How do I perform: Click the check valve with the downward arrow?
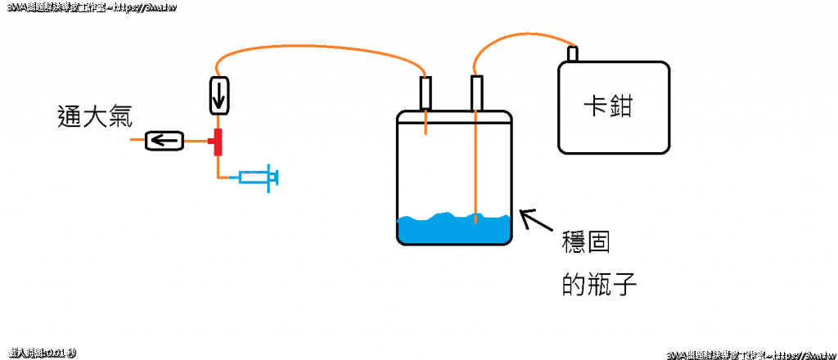219,95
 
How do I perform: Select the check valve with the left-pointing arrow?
164,141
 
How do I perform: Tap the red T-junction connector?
218,142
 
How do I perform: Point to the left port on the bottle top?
426,92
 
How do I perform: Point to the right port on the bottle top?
476,92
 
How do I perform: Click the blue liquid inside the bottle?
454,231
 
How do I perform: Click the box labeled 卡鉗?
613,107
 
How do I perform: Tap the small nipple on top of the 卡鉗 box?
573,54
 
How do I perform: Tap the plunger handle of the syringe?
275,177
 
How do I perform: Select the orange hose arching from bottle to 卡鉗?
524,34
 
